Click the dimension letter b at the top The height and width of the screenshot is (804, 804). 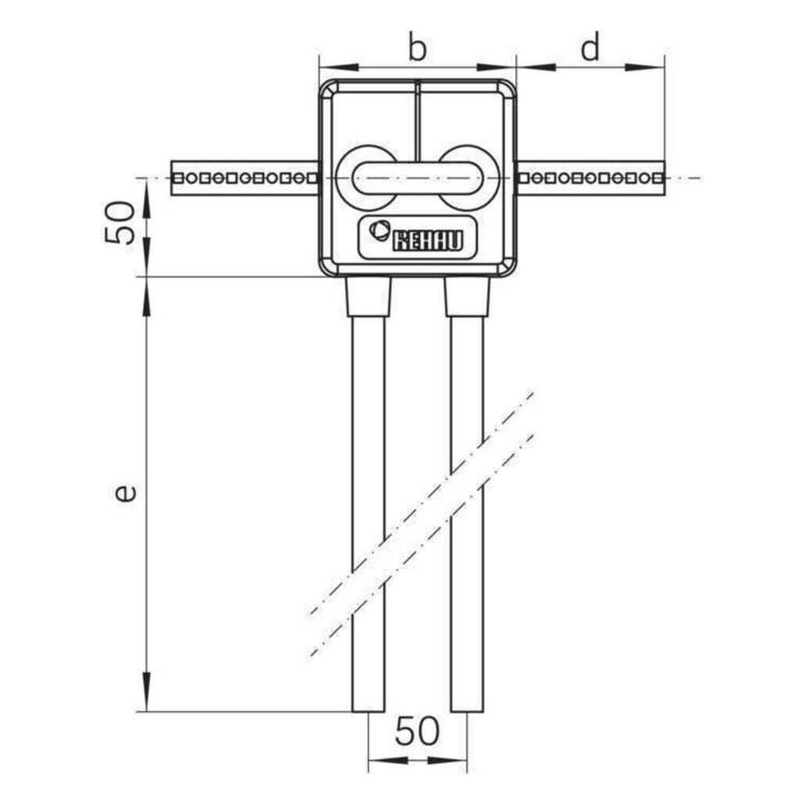417,48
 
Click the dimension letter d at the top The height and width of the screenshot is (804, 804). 590,48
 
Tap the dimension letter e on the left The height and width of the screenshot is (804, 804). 125,492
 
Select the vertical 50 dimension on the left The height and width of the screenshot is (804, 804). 120,223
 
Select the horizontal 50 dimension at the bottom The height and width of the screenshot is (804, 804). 417,731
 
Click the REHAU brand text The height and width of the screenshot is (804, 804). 428,241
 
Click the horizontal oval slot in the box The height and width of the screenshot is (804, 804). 418,178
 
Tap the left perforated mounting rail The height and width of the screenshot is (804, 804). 244,178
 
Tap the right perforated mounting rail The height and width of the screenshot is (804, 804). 591,178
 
